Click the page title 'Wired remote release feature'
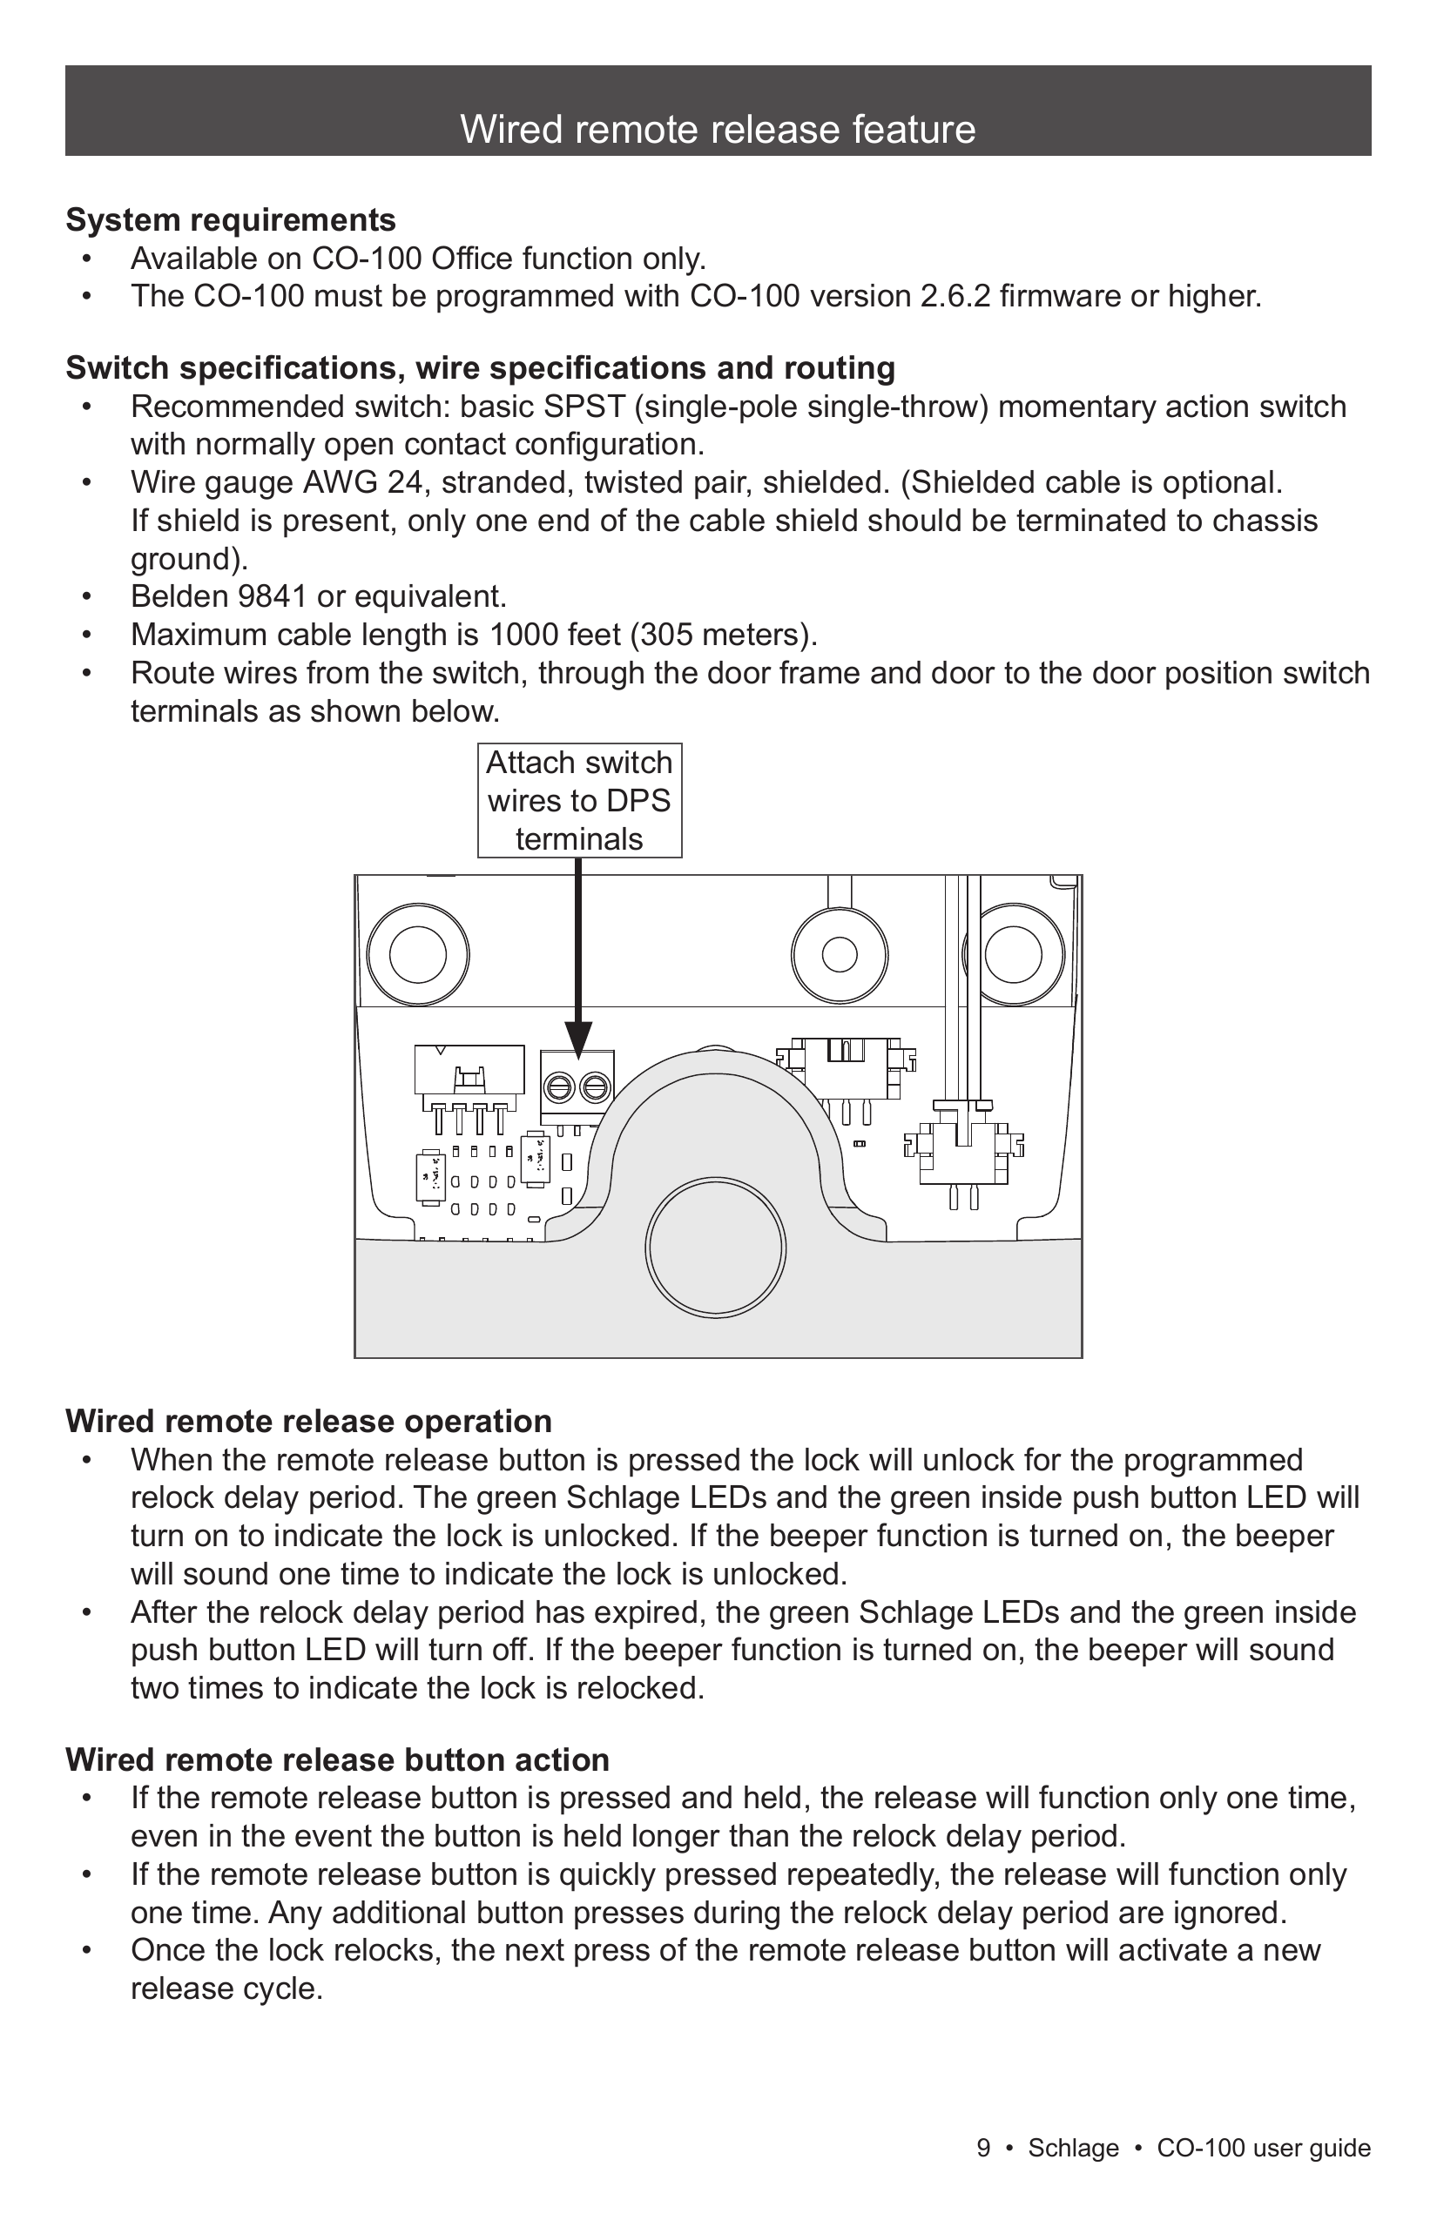click(x=718, y=130)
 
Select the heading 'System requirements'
click(x=231, y=220)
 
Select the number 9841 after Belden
click(x=273, y=597)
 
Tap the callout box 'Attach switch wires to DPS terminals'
click(x=579, y=800)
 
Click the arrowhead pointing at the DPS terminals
click(x=578, y=1040)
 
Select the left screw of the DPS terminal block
click(x=559, y=1087)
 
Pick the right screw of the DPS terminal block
click(x=596, y=1087)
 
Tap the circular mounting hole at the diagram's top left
click(x=417, y=955)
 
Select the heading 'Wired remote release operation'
click(x=309, y=1422)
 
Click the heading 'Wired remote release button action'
click(x=337, y=1760)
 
